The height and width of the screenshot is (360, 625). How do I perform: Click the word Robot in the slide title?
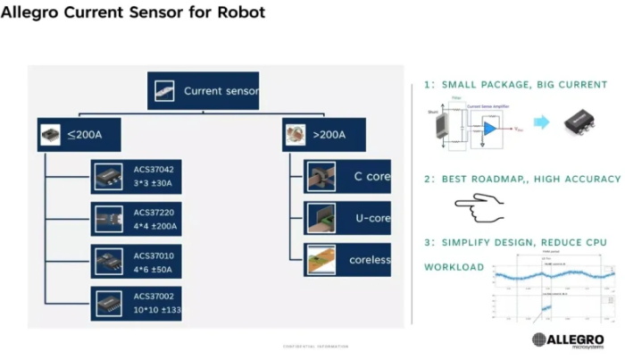point(240,14)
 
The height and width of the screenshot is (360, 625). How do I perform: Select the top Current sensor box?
point(203,91)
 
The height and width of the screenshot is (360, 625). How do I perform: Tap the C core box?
point(347,177)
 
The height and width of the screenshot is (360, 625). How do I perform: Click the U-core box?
point(347,218)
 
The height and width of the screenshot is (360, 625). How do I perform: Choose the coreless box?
point(347,259)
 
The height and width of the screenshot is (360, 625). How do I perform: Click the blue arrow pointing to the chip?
point(541,123)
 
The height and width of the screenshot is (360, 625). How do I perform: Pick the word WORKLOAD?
point(454,267)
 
